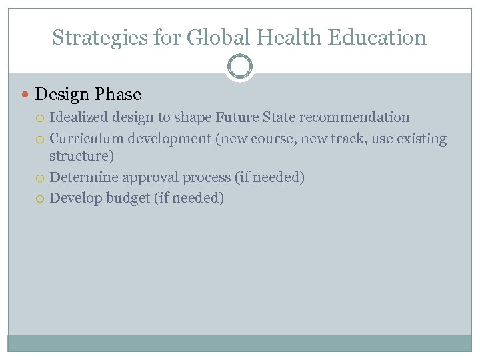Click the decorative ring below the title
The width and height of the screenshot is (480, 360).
point(240,67)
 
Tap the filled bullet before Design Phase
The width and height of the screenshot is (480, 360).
point(26,95)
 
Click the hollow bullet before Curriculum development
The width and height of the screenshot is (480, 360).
point(41,139)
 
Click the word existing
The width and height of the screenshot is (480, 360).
point(421,139)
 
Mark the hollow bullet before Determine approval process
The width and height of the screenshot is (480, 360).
point(41,178)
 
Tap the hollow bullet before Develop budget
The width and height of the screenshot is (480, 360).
point(41,198)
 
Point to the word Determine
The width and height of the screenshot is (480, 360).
point(80,177)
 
